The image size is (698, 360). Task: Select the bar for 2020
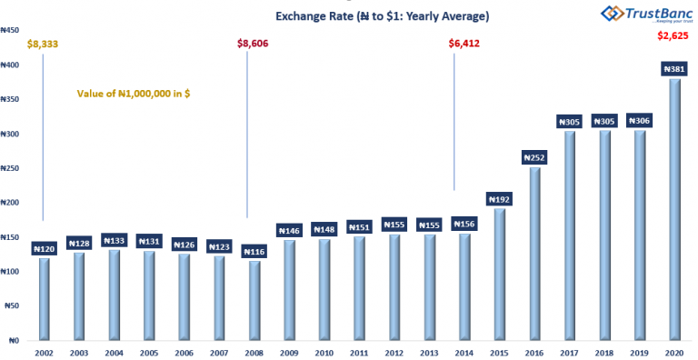pyautogui.click(x=673, y=209)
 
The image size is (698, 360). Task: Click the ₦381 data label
pyautogui.click(x=673, y=68)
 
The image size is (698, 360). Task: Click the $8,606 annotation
pyautogui.click(x=254, y=43)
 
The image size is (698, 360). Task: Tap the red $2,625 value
pyautogui.click(x=673, y=36)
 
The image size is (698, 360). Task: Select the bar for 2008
pyautogui.click(x=254, y=301)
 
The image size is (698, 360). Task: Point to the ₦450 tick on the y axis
pyautogui.click(x=11, y=30)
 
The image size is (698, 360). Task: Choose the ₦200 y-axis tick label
pyautogui.click(x=11, y=203)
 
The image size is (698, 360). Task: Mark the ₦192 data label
pyautogui.click(x=499, y=199)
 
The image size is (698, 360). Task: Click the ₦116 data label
pyautogui.click(x=254, y=251)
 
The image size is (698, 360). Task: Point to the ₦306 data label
pyautogui.click(x=639, y=121)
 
